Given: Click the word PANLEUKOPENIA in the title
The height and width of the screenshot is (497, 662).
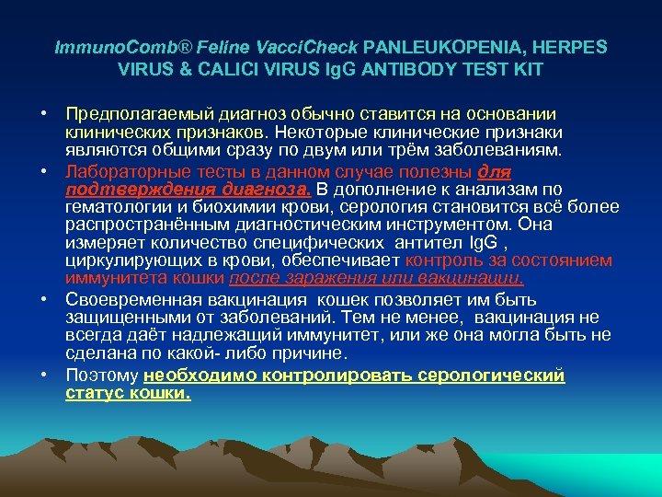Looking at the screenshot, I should point(432,46).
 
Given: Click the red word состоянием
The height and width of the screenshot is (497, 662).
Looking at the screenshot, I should point(566,260).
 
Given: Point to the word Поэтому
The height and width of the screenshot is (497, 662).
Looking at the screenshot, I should point(101,376).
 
